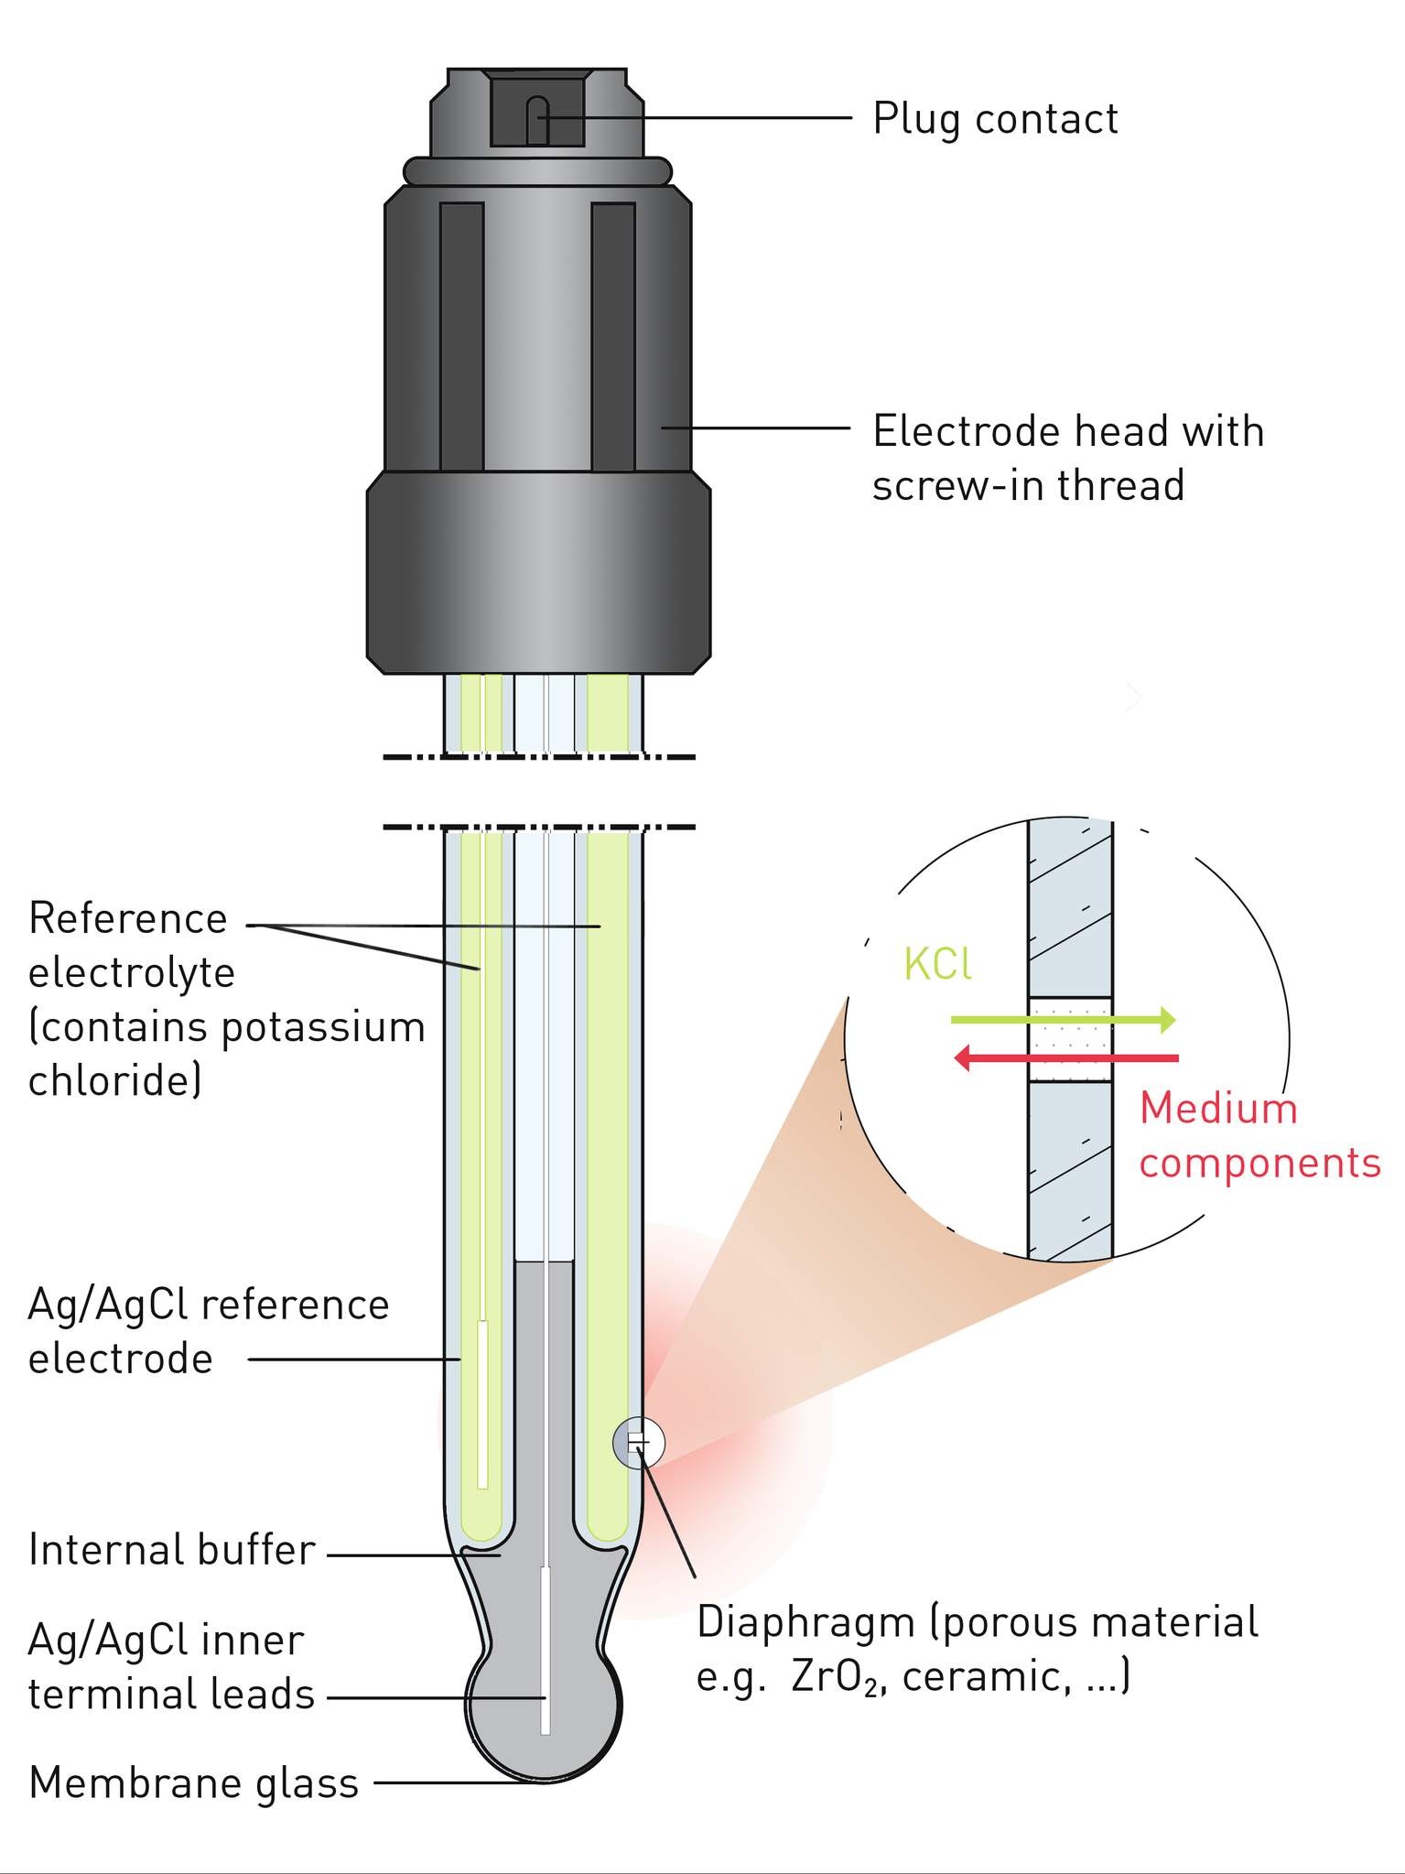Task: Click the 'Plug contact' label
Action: click(x=994, y=119)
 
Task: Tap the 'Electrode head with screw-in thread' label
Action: click(x=1067, y=458)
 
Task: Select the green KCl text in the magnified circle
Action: click(x=936, y=964)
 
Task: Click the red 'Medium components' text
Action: click(x=1259, y=1136)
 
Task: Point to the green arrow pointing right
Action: click(x=1062, y=1019)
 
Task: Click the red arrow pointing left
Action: click(x=1066, y=1058)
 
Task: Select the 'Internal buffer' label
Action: click(x=172, y=1551)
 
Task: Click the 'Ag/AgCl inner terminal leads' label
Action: click(x=171, y=1667)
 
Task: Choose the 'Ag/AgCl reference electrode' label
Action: click(x=209, y=1332)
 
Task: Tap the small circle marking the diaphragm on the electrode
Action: click(x=638, y=1443)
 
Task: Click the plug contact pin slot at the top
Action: click(x=537, y=120)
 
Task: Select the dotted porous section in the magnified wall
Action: click(x=1070, y=1039)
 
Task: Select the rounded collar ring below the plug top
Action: click(x=538, y=171)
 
